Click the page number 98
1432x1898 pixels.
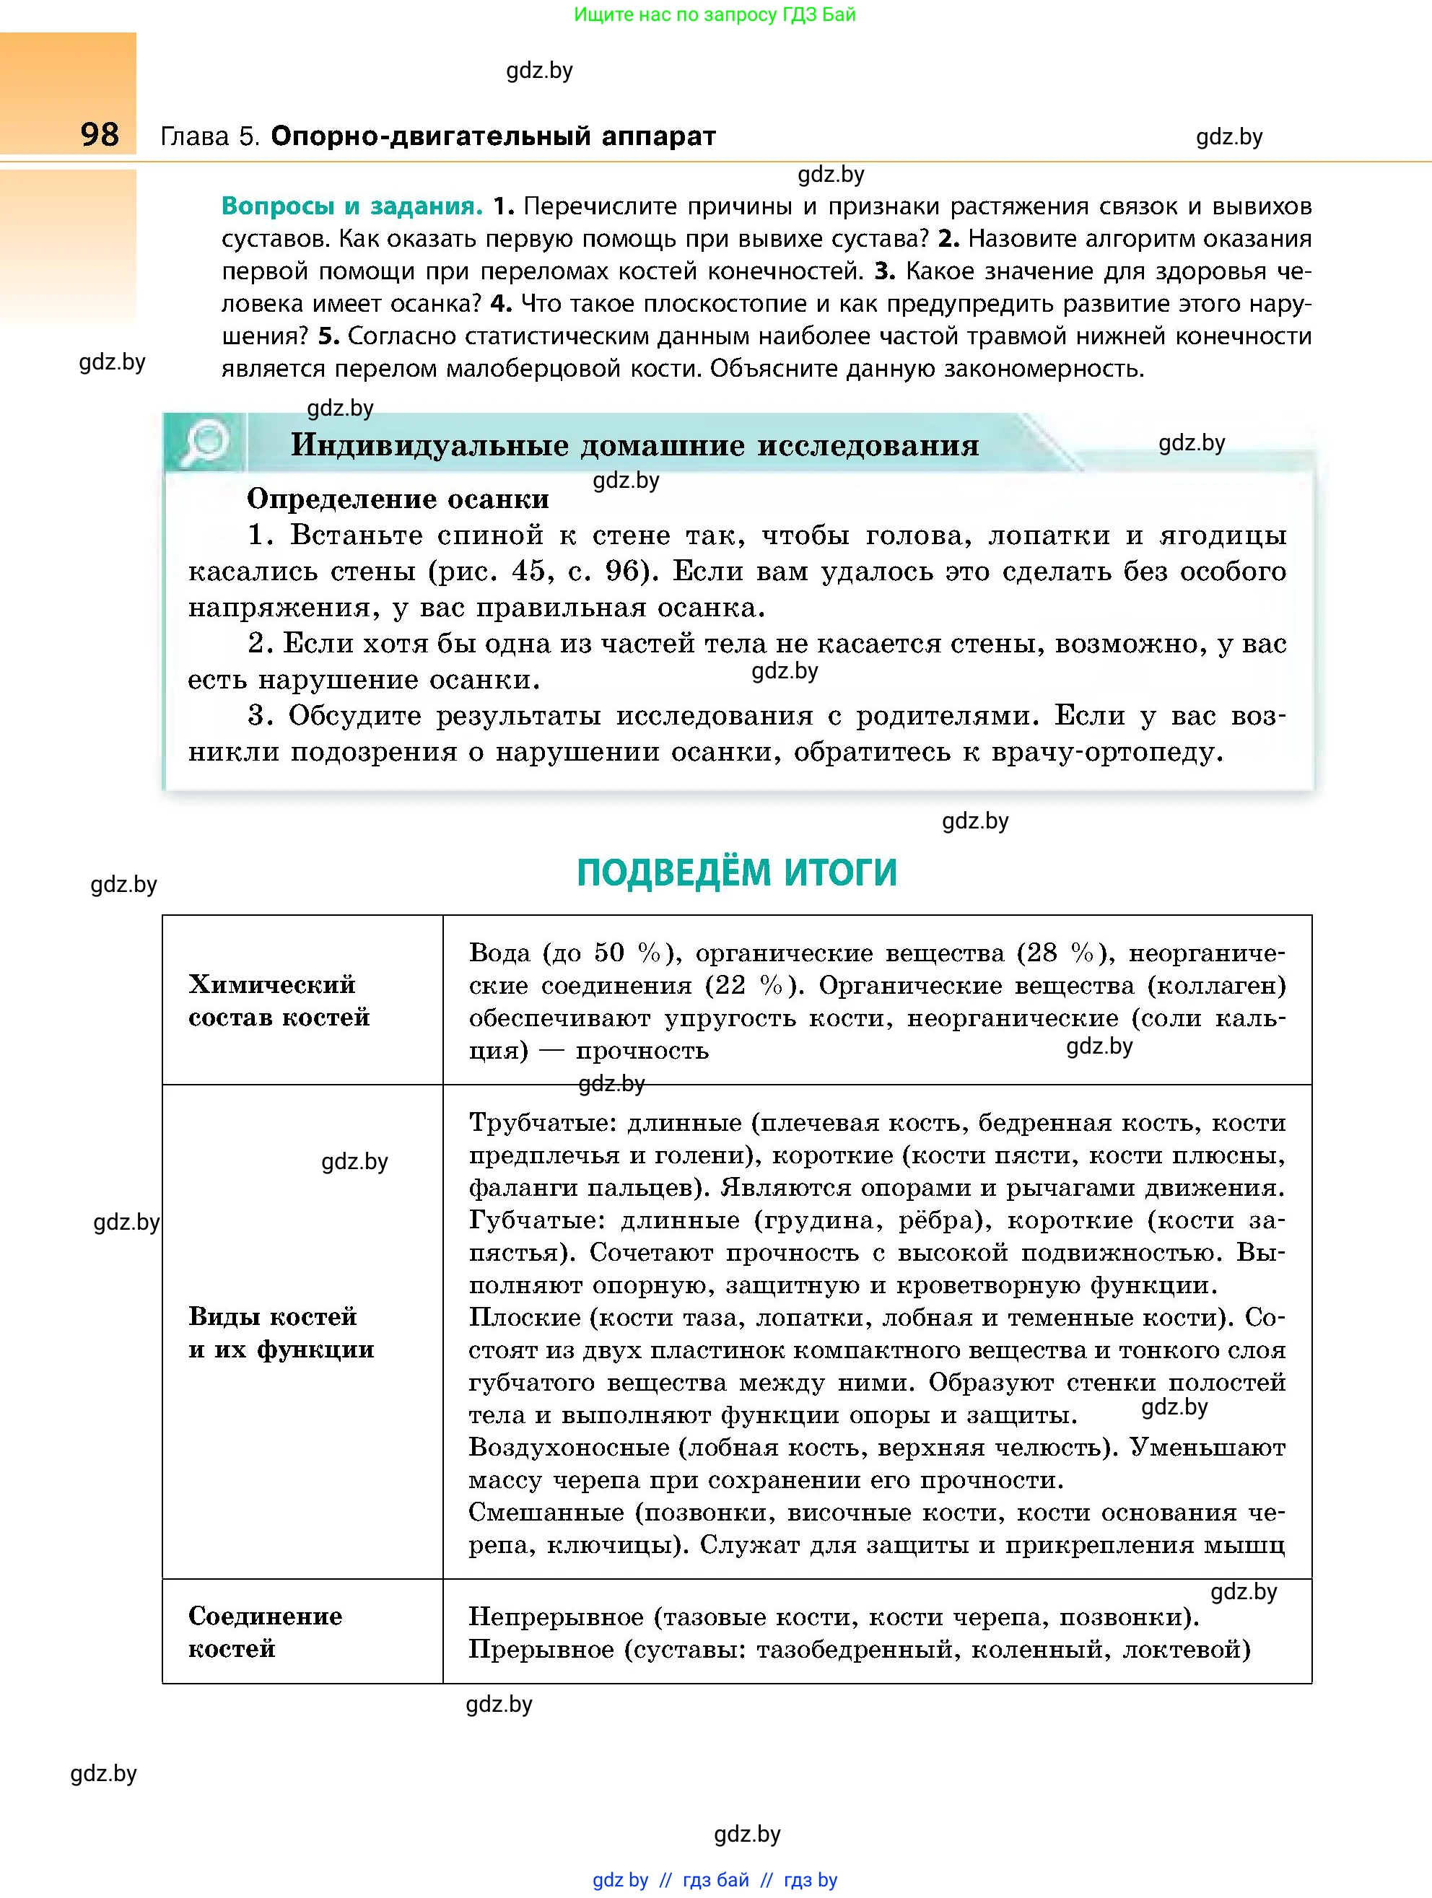[100, 135]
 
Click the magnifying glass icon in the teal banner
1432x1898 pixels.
[206, 442]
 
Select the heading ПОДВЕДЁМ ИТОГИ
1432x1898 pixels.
[736, 873]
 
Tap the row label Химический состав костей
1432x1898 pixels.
[278, 1000]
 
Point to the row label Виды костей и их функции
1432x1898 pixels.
[281, 1332]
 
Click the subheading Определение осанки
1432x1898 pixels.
[397, 499]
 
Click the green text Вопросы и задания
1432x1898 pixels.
[352, 207]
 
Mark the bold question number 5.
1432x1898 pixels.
[328, 336]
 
